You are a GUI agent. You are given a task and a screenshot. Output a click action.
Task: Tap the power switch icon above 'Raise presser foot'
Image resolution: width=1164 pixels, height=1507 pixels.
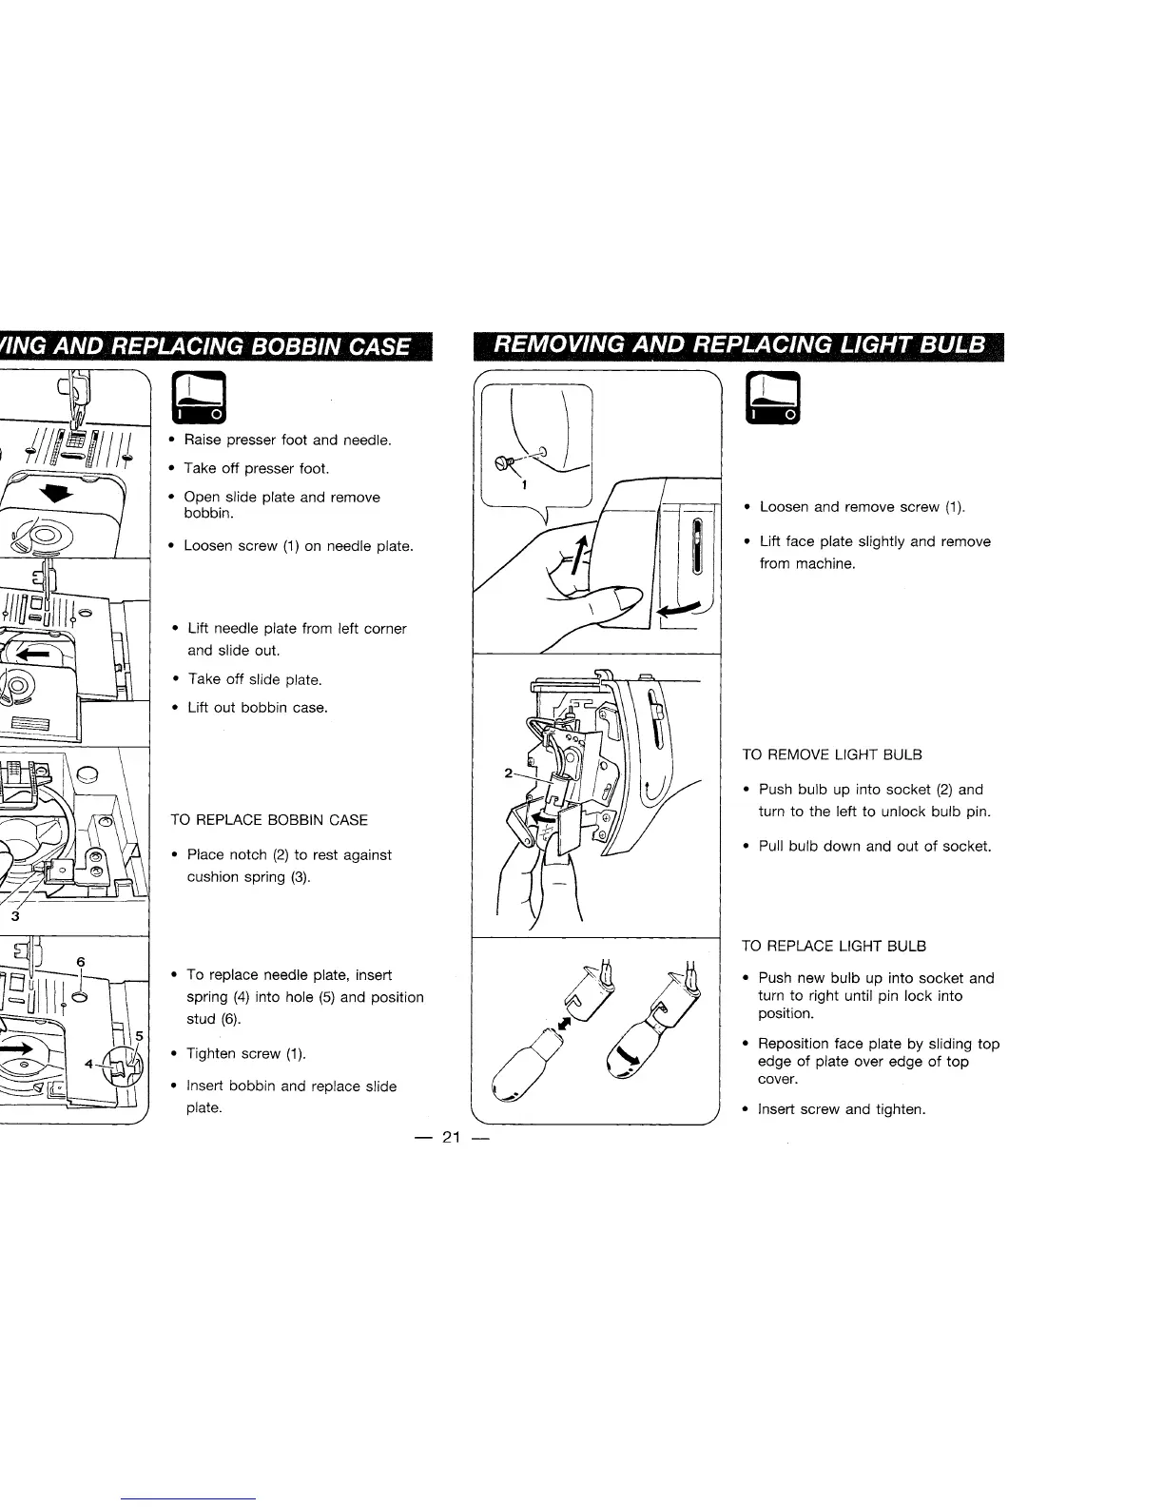pyautogui.click(x=198, y=398)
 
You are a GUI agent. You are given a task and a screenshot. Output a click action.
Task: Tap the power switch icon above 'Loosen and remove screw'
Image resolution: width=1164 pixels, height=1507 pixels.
pyautogui.click(x=776, y=398)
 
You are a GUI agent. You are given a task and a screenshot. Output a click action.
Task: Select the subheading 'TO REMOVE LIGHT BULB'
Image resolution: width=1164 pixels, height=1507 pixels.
pyautogui.click(x=832, y=754)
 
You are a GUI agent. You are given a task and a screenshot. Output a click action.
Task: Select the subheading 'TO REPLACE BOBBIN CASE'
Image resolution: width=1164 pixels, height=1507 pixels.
pyautogui.click(x=268, y=820)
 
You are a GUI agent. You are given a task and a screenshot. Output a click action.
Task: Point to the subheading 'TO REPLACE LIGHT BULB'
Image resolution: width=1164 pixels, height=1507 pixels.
pyautogui.click(x=834, y=946)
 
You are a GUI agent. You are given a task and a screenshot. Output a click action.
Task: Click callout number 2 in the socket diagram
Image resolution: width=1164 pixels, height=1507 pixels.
pyautogui.click(x=509, y=773)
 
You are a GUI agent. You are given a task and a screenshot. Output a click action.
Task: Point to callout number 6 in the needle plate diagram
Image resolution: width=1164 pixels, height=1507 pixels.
pyautogui.click(x=81, y=962)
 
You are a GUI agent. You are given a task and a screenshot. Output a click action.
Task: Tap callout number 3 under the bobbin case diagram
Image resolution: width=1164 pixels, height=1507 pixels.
pyautogui.click(x=13, y=917)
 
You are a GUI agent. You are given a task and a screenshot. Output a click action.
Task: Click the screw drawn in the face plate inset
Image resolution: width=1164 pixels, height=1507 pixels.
pyautogui.click(x=503, y=463)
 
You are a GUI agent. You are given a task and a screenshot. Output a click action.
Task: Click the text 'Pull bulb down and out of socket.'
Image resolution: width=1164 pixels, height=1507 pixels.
pyautogui.click(x=875, y=846)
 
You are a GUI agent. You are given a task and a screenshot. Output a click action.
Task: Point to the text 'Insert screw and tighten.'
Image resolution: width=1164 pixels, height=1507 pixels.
pyautogui.click(x=842, y=1109)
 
